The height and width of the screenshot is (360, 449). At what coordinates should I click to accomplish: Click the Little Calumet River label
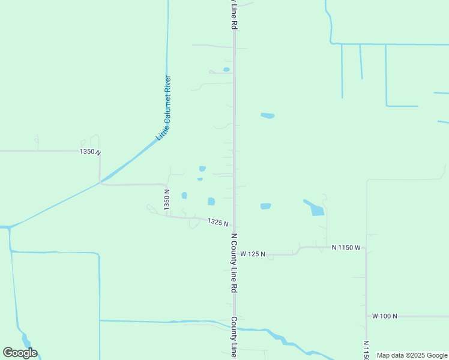tap(164, 108)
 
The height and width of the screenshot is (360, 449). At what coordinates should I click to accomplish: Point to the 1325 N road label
tap(218, 222)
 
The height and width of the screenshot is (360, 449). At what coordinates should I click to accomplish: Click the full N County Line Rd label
tap(235, 263)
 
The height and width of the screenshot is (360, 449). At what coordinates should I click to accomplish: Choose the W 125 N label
tap(253, 254)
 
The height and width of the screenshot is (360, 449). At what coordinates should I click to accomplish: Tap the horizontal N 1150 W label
tap(346, 247)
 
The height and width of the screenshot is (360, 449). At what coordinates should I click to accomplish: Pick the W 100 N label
tap(385, 316)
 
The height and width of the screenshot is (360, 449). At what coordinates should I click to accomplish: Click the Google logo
tap(20, 353)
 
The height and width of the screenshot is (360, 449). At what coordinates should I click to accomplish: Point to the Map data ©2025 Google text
tap(412, 355)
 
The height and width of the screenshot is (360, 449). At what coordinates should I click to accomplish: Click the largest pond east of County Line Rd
tap(316, 209)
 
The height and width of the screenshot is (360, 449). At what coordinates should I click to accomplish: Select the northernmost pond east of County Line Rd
tap(267, 115)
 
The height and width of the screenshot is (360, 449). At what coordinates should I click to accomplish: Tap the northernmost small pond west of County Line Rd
tap(226, 70)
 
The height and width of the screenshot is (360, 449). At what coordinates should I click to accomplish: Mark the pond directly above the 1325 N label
tap(211, 202)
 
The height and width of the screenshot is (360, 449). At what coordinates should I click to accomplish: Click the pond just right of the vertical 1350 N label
tap(184, 195)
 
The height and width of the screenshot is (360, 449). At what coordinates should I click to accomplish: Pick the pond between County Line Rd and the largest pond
tap(265, 206)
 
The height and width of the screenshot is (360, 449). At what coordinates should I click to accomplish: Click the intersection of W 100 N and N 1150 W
tap(366, 316)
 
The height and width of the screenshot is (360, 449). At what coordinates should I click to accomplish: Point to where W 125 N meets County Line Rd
tap(234, 254)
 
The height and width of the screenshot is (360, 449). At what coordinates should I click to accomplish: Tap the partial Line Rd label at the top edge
tap(235, 16)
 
